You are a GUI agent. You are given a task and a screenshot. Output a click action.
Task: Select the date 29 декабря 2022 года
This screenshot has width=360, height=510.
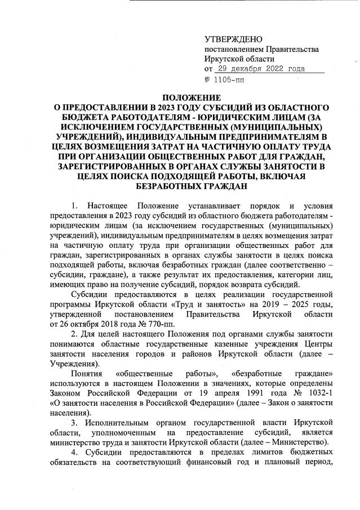260,69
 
